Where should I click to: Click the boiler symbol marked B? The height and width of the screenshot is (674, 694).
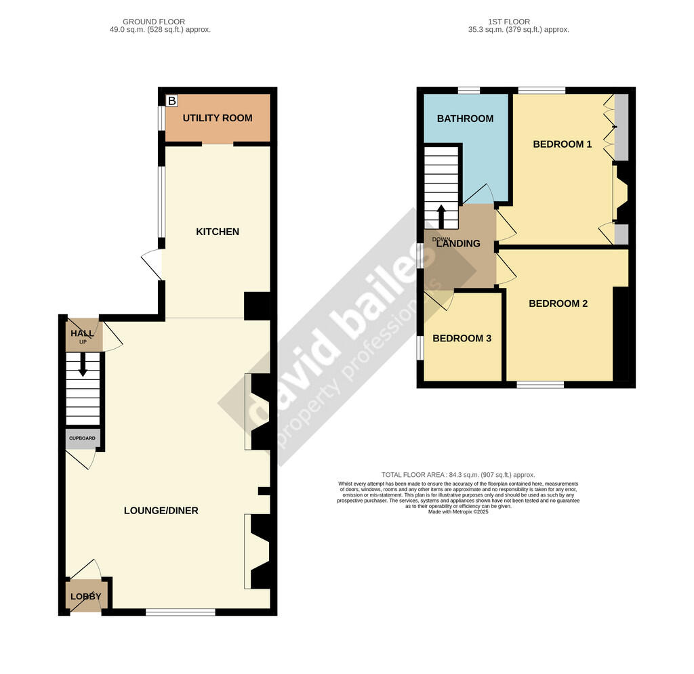click(x=171, y=101)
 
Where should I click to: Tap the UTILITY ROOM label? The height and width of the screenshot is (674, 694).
click(x=217, y=118)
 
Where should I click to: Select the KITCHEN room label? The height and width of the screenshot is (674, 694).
click(x=218, y=232)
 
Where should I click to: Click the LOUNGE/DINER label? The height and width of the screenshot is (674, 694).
click(x=161, y=510)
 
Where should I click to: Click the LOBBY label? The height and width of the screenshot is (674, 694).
click(x=84, y=597)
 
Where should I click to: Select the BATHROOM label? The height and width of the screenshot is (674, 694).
click(x=465, y=119)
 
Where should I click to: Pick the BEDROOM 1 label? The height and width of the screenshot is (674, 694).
click(x=563, y=144)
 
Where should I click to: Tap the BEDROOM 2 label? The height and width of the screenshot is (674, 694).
click(x=558, y=303)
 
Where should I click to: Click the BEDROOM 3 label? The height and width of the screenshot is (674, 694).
click(x=462, y=339)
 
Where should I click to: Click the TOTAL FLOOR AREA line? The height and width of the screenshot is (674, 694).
click(x=458, y=475)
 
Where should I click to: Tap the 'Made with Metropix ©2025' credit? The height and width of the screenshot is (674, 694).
click(x=458, y=512)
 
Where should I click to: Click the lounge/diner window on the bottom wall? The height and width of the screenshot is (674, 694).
click(x=180, y=612)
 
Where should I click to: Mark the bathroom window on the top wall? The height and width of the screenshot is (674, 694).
click(x=468, y=90)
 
